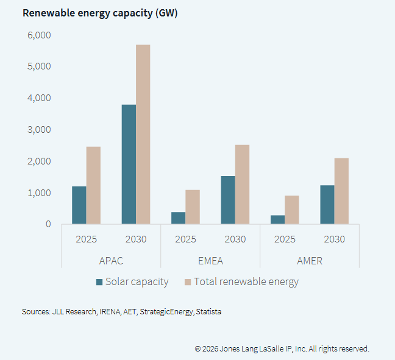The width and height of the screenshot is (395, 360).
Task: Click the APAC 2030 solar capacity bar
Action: [129, 164]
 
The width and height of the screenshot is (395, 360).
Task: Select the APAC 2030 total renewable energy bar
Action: [143, 135]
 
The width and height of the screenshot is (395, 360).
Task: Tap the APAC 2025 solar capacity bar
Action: [79, 205]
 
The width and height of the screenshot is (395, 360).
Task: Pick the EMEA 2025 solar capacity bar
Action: [178, 218]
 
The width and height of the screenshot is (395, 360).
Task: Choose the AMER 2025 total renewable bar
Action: [291, 210]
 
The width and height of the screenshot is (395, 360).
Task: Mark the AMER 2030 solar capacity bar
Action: [327, 205]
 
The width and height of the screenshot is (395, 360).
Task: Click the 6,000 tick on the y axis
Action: [39, 35]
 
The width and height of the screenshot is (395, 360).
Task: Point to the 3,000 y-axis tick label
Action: [39, 129]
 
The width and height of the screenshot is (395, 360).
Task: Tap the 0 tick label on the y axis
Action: [48, 224]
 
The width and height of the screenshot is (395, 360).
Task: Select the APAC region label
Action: [111, 261]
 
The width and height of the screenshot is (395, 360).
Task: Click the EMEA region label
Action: [210, 261]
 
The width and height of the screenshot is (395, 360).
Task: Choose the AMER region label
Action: [310, 261]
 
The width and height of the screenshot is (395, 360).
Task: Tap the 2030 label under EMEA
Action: [235, 239]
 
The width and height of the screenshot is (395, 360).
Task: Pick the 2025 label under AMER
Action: [285, 239]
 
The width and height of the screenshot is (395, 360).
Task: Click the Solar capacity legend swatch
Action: [99, 282]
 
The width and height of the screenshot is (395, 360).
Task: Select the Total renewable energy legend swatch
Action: [188, 282]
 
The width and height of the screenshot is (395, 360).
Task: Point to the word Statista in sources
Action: [209, 312]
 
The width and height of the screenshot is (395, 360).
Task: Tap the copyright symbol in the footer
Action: [198, 349]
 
